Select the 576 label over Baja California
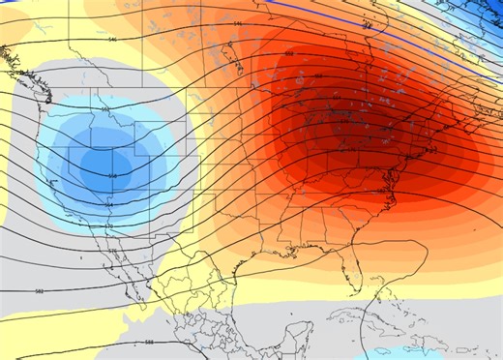point(112,251)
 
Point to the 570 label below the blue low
point(108,225)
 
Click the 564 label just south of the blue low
point(108,205)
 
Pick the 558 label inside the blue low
point(112,175)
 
